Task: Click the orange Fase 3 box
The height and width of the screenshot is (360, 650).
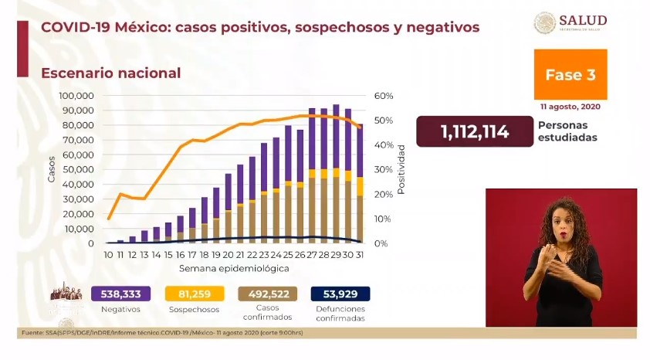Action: (570, 75)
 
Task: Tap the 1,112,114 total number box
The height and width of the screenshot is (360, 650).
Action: (475, 131)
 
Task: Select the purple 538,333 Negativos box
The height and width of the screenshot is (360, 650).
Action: (120, 294)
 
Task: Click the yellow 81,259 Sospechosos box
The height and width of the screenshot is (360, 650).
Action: (195, 294)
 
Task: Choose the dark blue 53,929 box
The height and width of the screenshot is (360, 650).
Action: (340, 294)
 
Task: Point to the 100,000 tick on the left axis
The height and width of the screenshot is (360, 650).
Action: (76, 96)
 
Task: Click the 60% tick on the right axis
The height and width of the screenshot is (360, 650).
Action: (384, 96)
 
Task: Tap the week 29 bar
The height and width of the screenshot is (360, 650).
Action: (336, 174)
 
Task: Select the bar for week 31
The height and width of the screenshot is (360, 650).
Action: (360, 185)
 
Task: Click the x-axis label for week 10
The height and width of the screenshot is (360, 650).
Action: (108, 255)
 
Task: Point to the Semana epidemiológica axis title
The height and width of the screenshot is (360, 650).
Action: (234, 269)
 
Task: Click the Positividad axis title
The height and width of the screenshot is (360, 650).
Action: (401, 168)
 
